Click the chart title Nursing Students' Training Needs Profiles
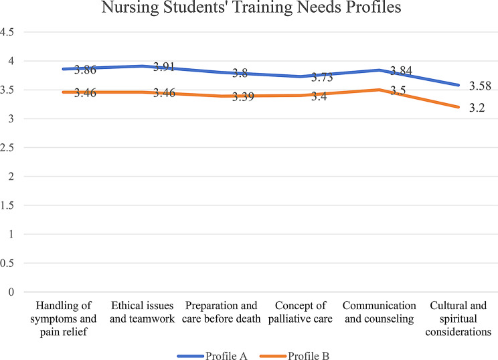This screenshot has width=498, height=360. point(249,9)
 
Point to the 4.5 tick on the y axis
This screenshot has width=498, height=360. point(9,31)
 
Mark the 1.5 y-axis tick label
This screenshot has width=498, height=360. point(9,205)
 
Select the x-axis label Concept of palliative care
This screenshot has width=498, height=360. point(305,319)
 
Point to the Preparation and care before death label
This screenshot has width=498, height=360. point(222,319)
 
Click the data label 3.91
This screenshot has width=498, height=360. point(165,67)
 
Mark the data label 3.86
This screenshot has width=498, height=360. point(85,70)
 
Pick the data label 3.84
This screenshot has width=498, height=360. point(403,70)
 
